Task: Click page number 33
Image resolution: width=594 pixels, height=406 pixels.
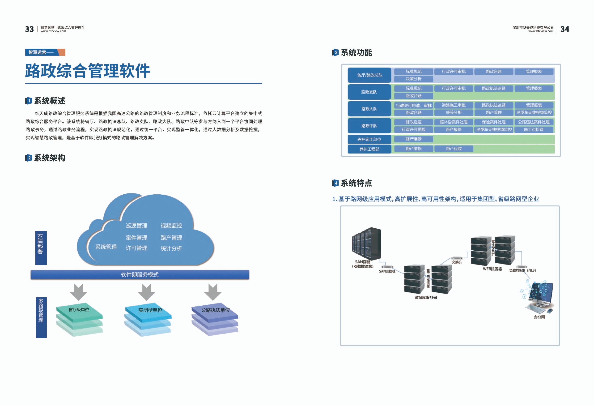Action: [29, 29]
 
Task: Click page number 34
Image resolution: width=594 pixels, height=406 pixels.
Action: [564, 29]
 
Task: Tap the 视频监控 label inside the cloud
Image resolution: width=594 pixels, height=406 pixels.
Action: [171, 226]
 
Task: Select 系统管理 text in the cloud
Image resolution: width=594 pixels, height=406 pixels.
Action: [106, 247]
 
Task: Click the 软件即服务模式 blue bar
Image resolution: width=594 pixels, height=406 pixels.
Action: [140, 275]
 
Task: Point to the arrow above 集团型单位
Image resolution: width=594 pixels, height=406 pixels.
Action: [146, 292]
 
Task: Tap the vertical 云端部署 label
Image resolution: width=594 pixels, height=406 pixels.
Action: [41, 248]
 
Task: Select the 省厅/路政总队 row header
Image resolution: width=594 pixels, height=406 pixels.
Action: [369, 75]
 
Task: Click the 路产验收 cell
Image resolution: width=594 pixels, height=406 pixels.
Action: [454, 149]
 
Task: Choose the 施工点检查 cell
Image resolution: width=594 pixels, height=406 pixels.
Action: [534, 130]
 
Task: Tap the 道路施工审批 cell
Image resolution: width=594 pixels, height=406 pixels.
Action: [454, 105]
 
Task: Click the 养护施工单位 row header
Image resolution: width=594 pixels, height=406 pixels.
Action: [369, 139]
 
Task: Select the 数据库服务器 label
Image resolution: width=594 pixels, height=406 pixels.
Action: [426, 298]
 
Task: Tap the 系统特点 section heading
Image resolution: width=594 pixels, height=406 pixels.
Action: [356, 183]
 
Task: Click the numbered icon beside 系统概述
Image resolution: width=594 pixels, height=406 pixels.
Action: [28, 101]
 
